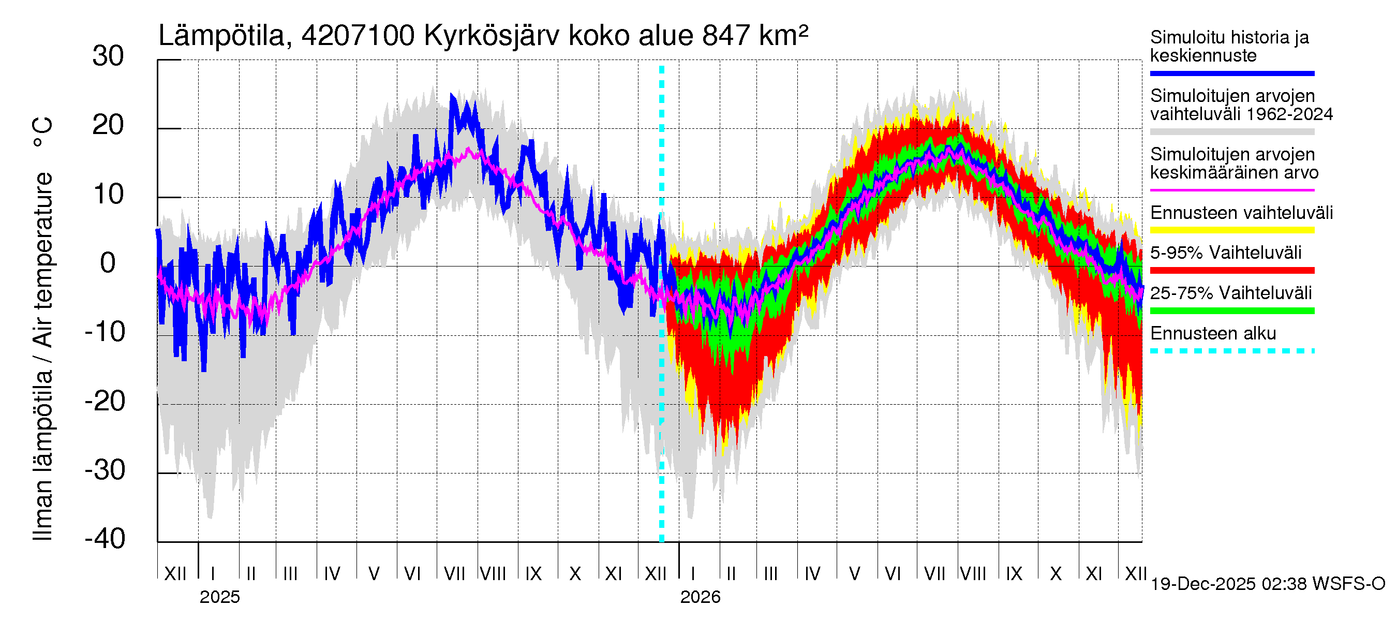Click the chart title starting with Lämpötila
[x=483, y=36]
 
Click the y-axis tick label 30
[x=108, y=56]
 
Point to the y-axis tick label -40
[x=105, y=539]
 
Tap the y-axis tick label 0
[x=108, y=263]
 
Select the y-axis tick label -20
[x=105, y=402]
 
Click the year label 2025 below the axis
[x=219, y=597]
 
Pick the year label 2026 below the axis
[x=700, y=597]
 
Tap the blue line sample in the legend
[x=1231, y=73]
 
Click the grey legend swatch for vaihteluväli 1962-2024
[x=1231, y=132]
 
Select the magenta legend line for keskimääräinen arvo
[x=1231, y=190]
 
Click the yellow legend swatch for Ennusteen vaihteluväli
[x=1231, y=230]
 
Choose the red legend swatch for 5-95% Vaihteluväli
[x=1231, y=270]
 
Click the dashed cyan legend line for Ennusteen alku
[x=1231, y=351]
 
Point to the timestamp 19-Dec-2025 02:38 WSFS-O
[x=1267, y=584]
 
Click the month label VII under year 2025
[x=454, y=573]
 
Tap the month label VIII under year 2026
[x=973, y=573]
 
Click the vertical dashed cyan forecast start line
[x=662, y=380]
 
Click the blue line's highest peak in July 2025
[x=452, y=95]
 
